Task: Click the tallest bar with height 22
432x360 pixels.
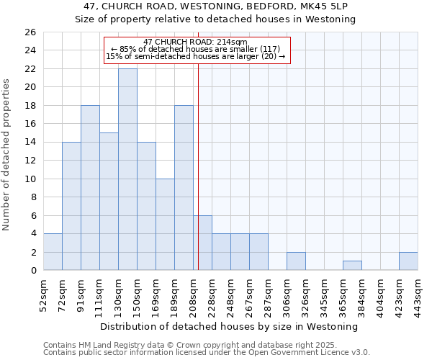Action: point(127,169)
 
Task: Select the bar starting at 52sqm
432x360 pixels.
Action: point(53,251)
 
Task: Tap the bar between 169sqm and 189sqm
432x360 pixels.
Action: point(165,224)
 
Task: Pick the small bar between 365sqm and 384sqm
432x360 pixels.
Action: point(352,266)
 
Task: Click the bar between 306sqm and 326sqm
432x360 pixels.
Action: point(296,261)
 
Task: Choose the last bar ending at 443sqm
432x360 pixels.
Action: point(408,261)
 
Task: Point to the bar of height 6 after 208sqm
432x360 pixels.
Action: point(202,243)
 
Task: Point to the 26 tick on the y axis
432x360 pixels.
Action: point(30,32)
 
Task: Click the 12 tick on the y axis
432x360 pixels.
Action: point(30,161)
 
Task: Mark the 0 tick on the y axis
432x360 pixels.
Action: point(32,271)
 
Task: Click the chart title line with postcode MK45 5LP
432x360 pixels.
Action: point(216,6)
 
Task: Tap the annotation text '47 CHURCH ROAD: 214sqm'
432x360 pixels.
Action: point(195,42)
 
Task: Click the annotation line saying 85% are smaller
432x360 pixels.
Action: point(195,49)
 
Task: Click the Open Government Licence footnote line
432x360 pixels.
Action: point(207,353)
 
